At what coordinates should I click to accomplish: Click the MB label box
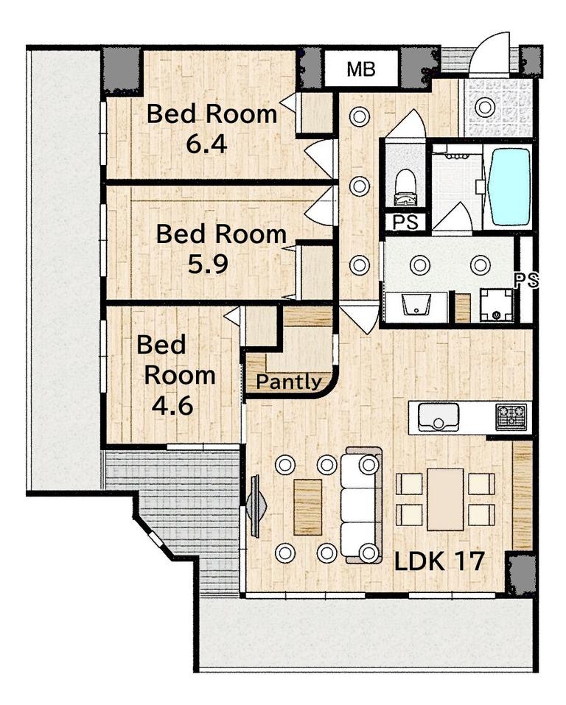[x=361, y=69]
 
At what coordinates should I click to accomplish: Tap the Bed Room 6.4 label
[x=212, y=128]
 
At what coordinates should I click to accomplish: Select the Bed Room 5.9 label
[x=221, y=249]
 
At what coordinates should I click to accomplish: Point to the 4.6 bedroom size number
[x=172, y=406]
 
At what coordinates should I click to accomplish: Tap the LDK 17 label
[x=439, y=560]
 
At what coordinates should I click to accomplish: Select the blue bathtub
[x=510, y=186]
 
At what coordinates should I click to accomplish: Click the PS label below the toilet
[x=405, y=222]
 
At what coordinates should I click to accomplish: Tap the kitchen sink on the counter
[x=439, y=417]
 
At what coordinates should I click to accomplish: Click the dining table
[x=445, y=499]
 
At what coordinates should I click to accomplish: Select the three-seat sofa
[x=361, y=505]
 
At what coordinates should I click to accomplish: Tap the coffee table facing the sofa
[x=308, y=507]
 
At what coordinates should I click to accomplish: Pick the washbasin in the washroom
[x=416, y=306]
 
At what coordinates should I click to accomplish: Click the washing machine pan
[x=497, y=305]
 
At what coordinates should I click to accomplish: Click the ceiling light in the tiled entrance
[x=484, y=107]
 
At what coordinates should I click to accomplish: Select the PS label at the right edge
[x=526, y=281]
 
